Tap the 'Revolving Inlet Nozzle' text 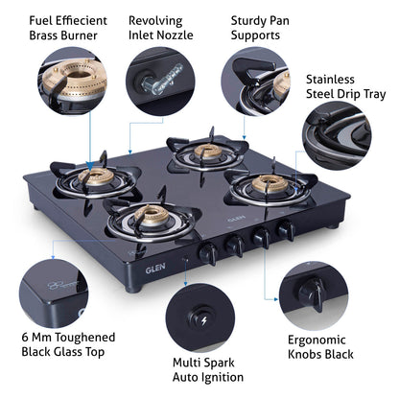point(155,28)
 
